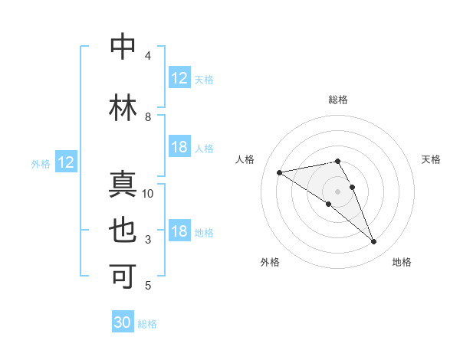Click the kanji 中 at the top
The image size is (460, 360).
tap(123, 47)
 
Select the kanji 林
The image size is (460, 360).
tap(123, 107)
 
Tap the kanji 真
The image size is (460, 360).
tap(123, 185)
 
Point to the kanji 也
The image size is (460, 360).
tap(123, 231)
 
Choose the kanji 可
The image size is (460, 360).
tap(123, 277)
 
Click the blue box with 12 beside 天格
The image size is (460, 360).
tap(179, 78)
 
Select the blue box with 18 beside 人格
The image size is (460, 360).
tap(179, 147)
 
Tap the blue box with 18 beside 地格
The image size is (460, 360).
tap(179, 232)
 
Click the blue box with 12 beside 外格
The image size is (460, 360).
tap(66, 162)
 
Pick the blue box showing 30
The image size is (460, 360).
tap(123, 322)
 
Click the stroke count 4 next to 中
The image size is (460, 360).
tap(148, 56)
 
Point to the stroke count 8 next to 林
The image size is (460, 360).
tap(148, 117)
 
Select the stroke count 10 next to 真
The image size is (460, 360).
tap(148, 194)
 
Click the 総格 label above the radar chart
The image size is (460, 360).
tap(338, 100)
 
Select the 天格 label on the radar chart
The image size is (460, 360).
tap(432, 159)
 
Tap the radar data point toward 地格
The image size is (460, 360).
tap(374, 242)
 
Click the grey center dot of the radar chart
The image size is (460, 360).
tap(338, 191)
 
